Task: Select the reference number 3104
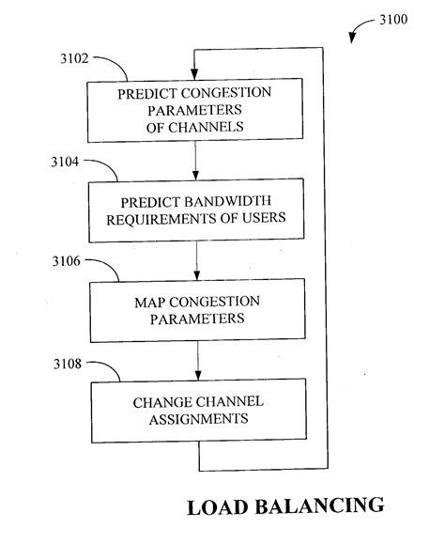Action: [x=69, y=163]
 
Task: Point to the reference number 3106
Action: [x=69, y=267]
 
